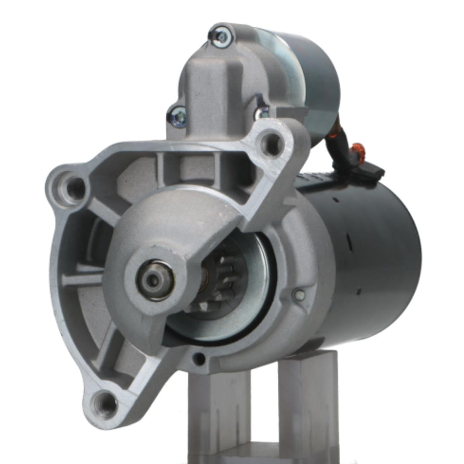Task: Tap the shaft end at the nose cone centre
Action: click(x=154, y=280)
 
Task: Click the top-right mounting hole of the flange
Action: click(x=271, y=143)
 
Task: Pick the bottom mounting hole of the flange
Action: click(x=105, y=404)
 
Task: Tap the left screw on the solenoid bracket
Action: click(x=179, y=117)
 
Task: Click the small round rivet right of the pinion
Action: click(x=299, y=295)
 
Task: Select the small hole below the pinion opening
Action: click(x=199, y=359)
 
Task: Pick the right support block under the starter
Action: click(x=308, y=399)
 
